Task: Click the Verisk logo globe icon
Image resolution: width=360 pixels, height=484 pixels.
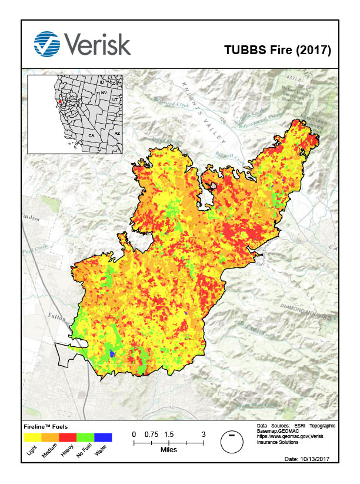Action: pos(47,43)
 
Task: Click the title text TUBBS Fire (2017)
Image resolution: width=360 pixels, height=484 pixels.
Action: pos(278,50)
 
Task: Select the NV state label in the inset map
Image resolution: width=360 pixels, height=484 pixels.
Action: pos(104,92)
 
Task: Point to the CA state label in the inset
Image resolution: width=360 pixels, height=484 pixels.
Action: pos(91,135)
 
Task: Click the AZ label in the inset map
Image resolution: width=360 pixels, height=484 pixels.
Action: pos(116,133)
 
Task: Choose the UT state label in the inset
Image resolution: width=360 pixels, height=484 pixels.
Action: pos(115,100)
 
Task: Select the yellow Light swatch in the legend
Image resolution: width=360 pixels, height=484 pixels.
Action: pos(32,437)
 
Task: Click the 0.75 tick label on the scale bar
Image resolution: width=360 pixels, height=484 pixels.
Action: pos(151,434)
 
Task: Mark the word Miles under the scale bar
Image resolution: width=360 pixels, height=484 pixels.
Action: pos(168,449)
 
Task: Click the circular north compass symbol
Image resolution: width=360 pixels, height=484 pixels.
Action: pos(232,442)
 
